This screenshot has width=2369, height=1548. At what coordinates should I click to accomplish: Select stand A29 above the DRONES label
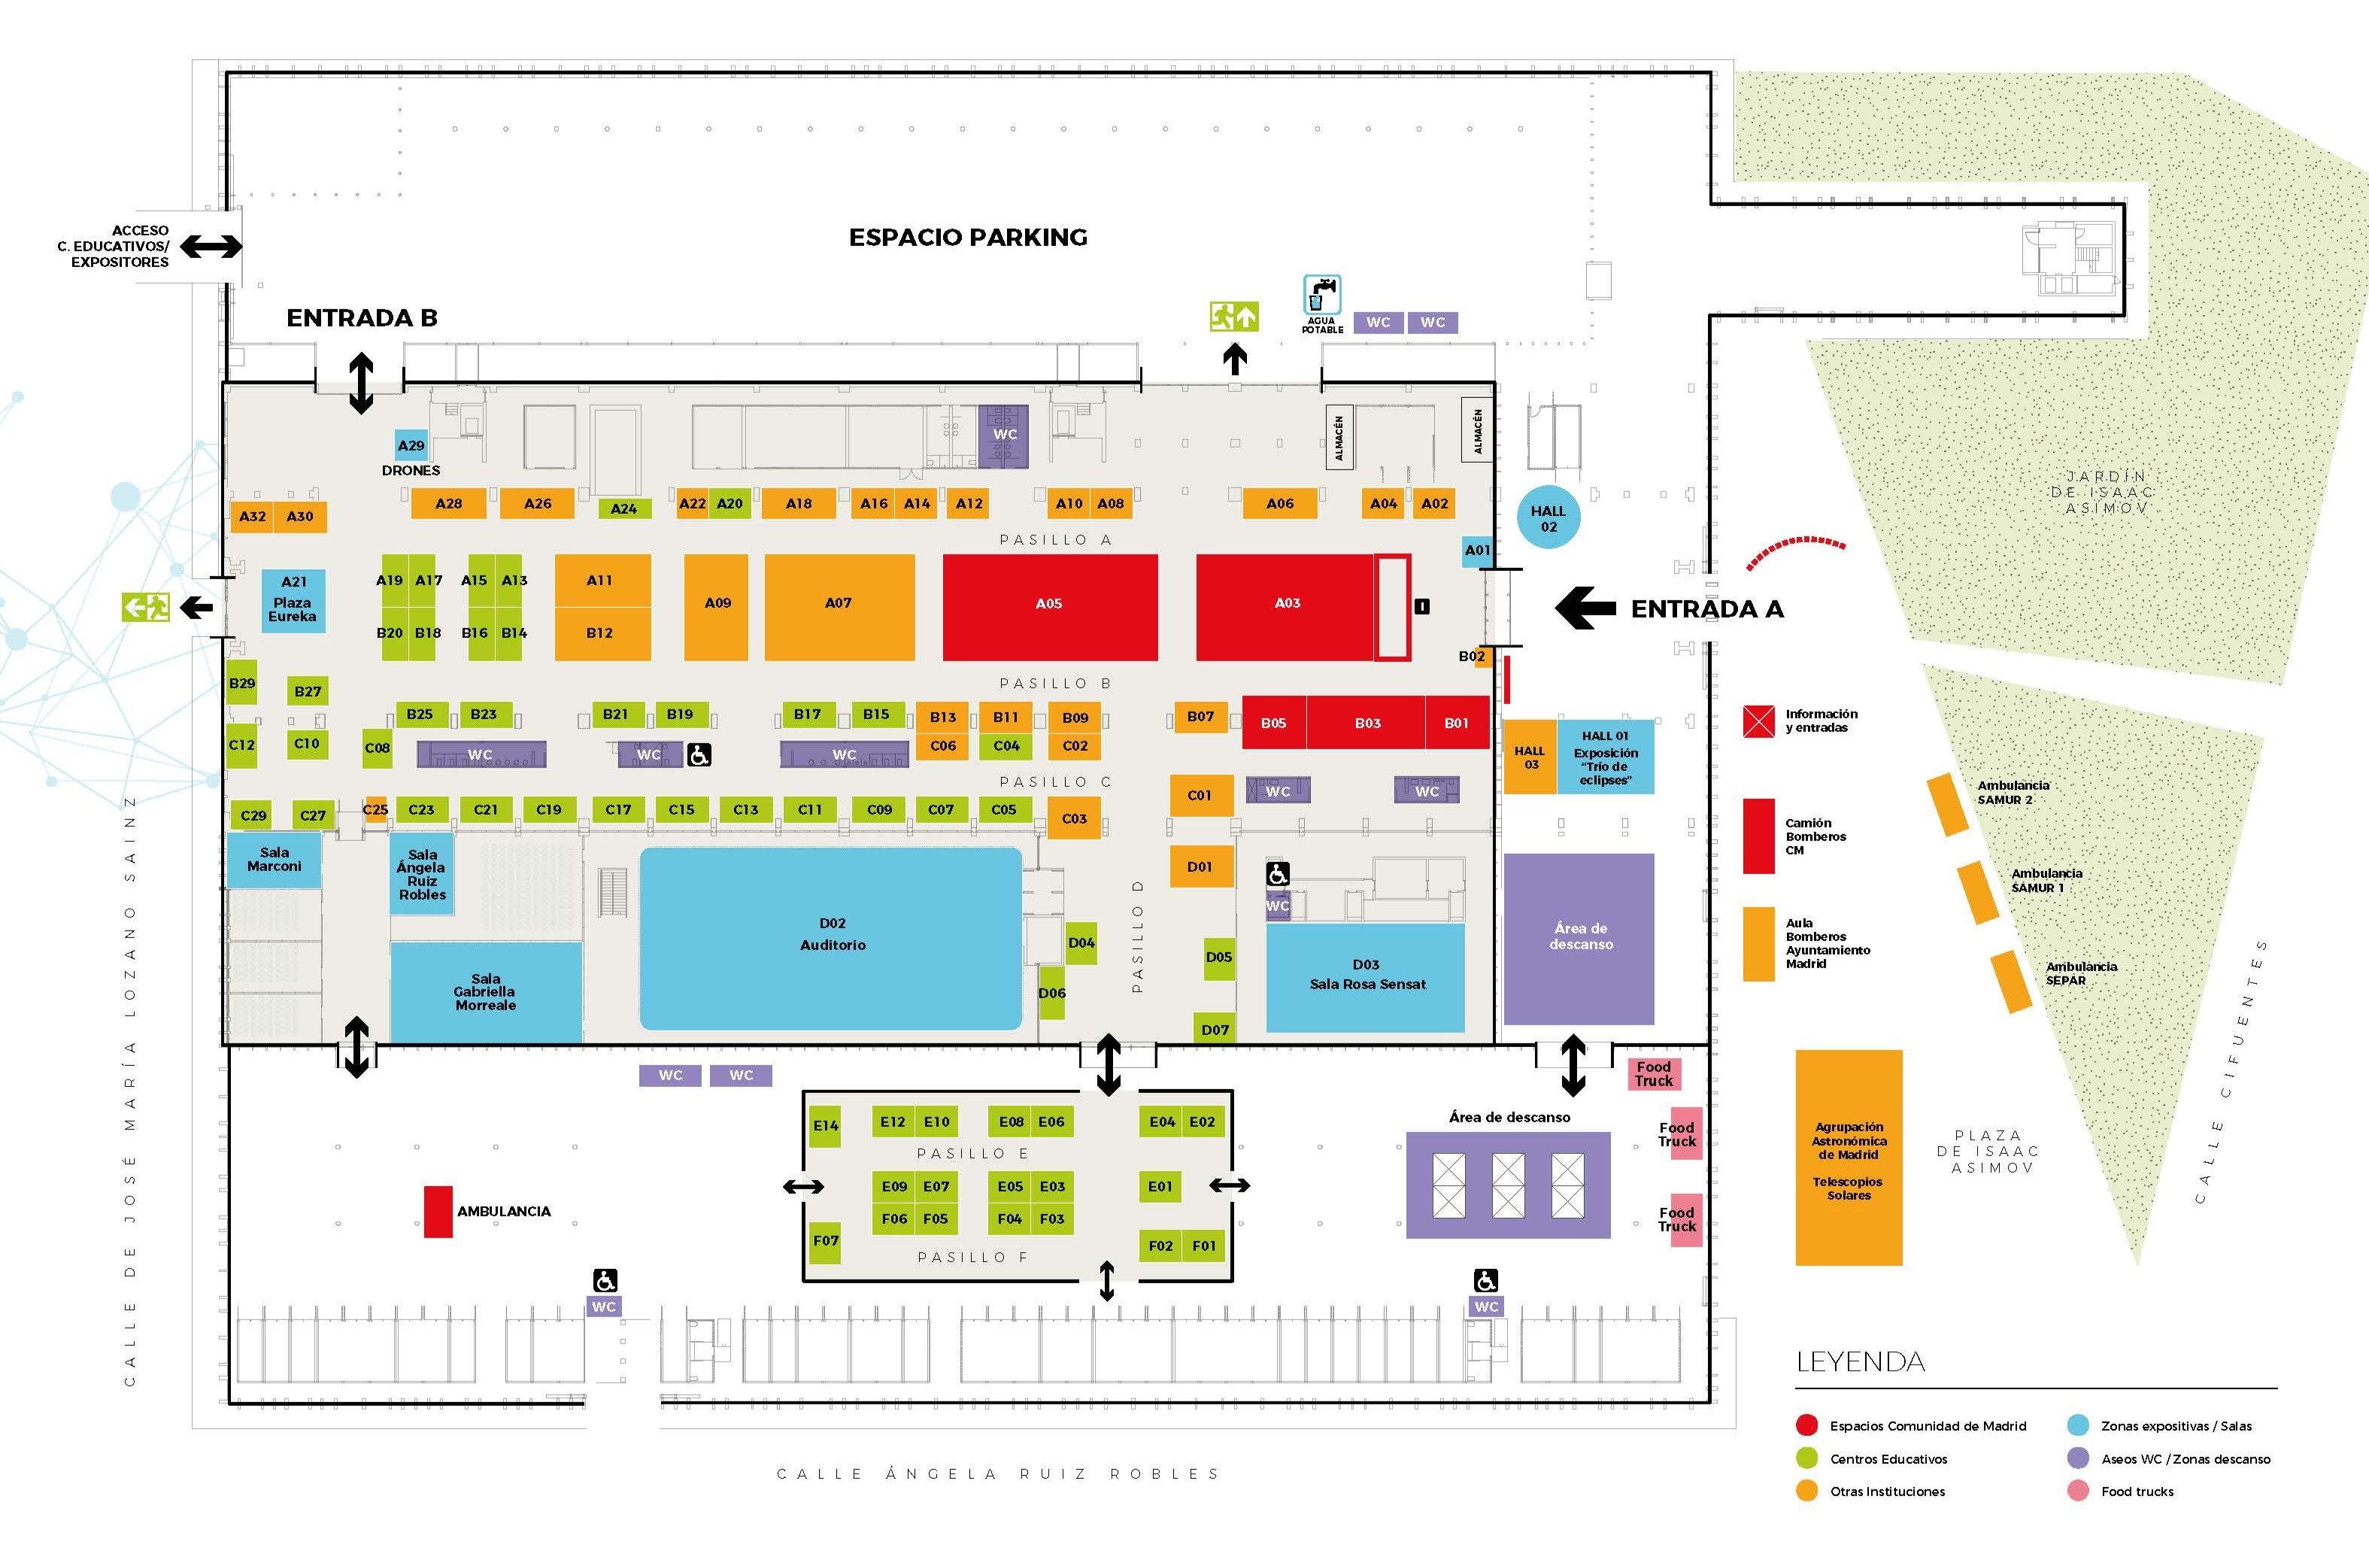pyautogui.click(x=410, y=445)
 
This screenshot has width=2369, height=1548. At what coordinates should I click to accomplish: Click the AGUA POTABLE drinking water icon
pyautogui.click(x=1322, y=296)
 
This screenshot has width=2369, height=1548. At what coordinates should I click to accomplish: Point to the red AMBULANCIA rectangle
pyautogui.click(x=438, y=1212)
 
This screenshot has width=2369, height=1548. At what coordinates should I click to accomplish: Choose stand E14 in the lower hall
pyautogui.click(x=825, y=1126)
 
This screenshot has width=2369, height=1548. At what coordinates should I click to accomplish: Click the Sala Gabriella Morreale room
pyautogui.click(x=485, y=991)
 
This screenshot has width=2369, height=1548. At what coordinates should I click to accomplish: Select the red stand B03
pyautogui.click(x=1366, y=723)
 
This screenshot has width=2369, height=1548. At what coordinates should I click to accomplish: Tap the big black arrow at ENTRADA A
pyautogui.click(x=1585, y=609)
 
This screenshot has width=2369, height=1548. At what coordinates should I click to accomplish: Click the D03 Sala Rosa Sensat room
pyautogui.click(x=1366, y=976)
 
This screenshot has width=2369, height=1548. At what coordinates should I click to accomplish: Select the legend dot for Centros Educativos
pyautogui.click(x=1806, y=1458)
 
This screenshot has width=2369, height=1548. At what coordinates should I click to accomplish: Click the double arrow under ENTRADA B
pyautogui.click(x=360, y=382)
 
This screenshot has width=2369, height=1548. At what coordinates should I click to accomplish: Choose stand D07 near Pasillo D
pyautogui.click(x=1215, y=1029)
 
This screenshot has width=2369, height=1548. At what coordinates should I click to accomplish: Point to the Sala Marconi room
pyautogui.click(x=274, y=859)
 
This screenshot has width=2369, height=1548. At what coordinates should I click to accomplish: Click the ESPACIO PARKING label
pyautogui.click(x=967, y=237)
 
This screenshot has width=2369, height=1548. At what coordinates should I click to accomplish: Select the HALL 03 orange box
pyautogui.click(x=1530, y=757)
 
